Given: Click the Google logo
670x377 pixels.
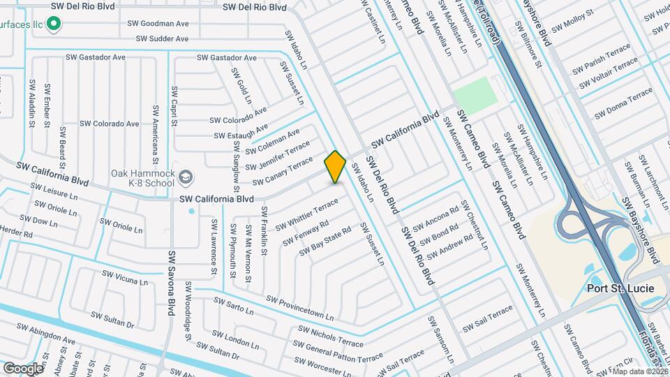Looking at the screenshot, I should pyautogui.click(x=23, y=368).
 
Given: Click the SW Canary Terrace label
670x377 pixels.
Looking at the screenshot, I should pyautogui.click(x=283, y=172).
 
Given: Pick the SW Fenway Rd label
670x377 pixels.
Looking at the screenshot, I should pyautogui.click(x=306, y=233).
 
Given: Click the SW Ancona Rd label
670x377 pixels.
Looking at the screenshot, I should pyautogui.click(x=435, y=218).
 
